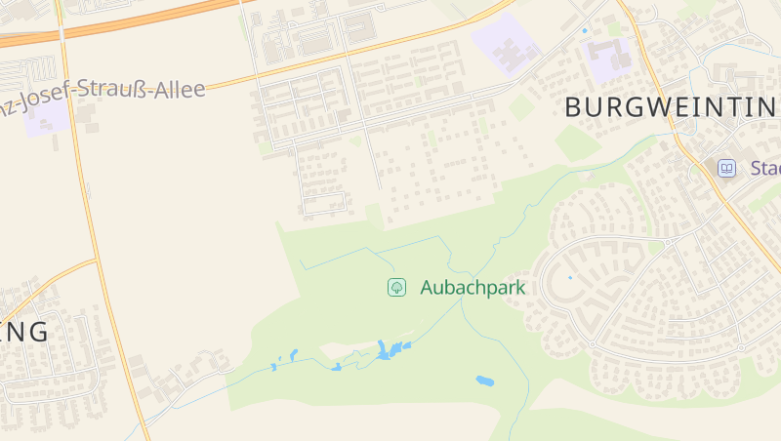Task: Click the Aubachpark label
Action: (x=473, y=288)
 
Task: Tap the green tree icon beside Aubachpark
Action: (x=396, y=288)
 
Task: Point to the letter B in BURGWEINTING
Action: (x=574, y=107)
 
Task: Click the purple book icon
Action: (x=726, y=168)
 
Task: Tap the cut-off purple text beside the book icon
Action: (x=765, y=168)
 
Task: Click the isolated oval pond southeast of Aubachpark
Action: (x=484, y=381)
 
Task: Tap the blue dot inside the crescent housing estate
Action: (x=570, y=277)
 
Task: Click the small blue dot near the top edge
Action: (x=585, y=31)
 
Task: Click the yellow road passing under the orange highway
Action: (x=63, y=59)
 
